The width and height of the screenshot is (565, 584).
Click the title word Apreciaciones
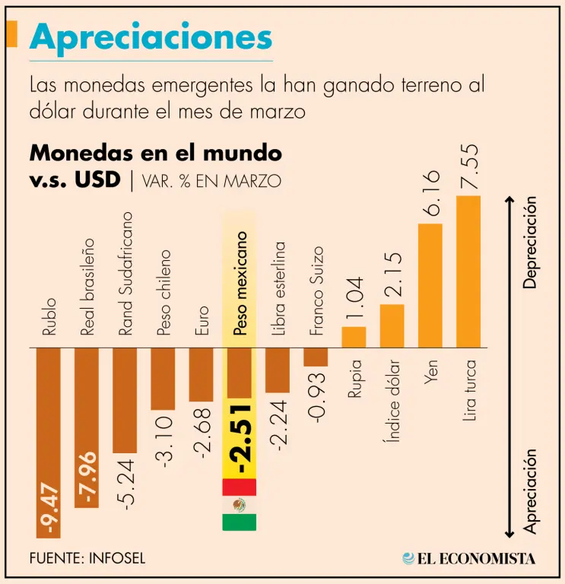point(151,37)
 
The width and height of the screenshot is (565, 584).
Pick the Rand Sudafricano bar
point(125,399)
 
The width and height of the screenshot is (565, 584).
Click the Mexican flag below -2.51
point(239,505)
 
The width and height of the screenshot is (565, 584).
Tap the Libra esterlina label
point(279,289)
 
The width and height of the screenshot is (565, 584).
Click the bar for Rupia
point(354,337)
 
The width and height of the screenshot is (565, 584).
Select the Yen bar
point(430,285)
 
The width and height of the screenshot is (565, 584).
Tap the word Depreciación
point(531,243)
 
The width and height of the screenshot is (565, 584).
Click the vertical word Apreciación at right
point(531,490)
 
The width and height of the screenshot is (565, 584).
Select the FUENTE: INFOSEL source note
point(87,557)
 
